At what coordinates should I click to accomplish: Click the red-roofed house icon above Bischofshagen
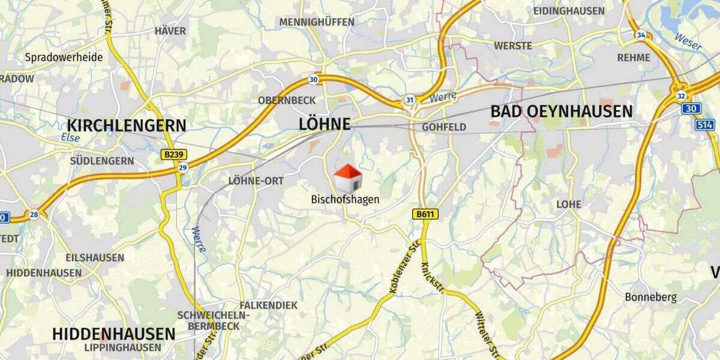point(349,178)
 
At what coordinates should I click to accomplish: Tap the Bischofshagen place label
point(345,200)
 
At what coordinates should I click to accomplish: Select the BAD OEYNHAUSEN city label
point(562,112)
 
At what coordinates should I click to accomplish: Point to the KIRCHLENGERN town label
point(127,125)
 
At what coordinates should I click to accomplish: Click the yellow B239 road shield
point(174,155)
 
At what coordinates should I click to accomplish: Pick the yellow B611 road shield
point(425,214)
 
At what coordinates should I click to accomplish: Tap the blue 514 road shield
point(705,125)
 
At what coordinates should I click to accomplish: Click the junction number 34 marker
point(641,35)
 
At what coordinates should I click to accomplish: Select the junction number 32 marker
point(680,96)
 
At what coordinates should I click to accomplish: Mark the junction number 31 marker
point(409,100)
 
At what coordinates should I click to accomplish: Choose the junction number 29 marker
point(183,167)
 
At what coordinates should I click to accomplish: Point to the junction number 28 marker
point(34,215)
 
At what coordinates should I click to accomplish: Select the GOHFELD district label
point(444,127)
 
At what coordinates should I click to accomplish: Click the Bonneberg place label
point(650,297)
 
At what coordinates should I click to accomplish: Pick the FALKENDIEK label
point(268,305)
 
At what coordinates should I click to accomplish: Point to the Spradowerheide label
point(64,58)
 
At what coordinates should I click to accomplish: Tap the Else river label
point(70,137)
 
